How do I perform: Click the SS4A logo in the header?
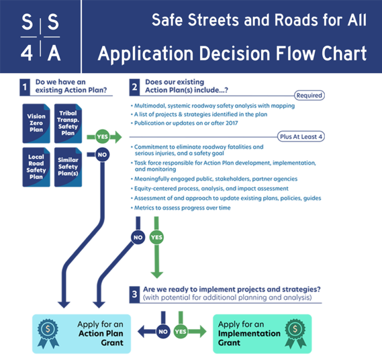coord(40,37)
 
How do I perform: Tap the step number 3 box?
coord(135,294)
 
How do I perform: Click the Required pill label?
coord(309,95)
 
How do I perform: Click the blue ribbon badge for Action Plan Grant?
coord(50,332)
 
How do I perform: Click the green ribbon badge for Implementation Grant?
coord(294,332)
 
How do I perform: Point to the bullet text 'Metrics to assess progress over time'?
coord(182,208)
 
